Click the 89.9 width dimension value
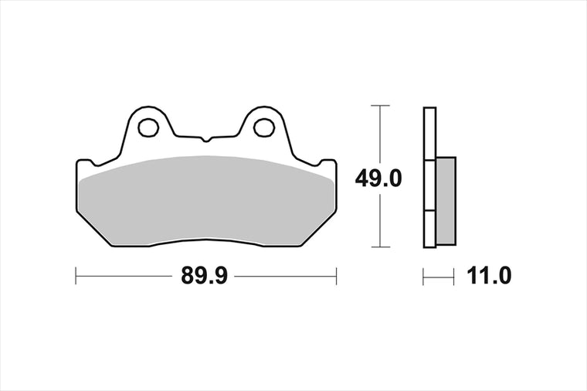click(204, 277)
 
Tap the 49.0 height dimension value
click(378, 178)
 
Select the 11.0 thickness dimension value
click(489, 277)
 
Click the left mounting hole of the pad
click(148, 127)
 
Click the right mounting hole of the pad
click(264, 127)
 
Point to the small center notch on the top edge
click(205, 139)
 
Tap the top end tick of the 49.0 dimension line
click(380, 106)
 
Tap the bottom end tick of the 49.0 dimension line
click(380, 246)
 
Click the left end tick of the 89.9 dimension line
click(76, 276)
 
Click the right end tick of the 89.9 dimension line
click(336, 276)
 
